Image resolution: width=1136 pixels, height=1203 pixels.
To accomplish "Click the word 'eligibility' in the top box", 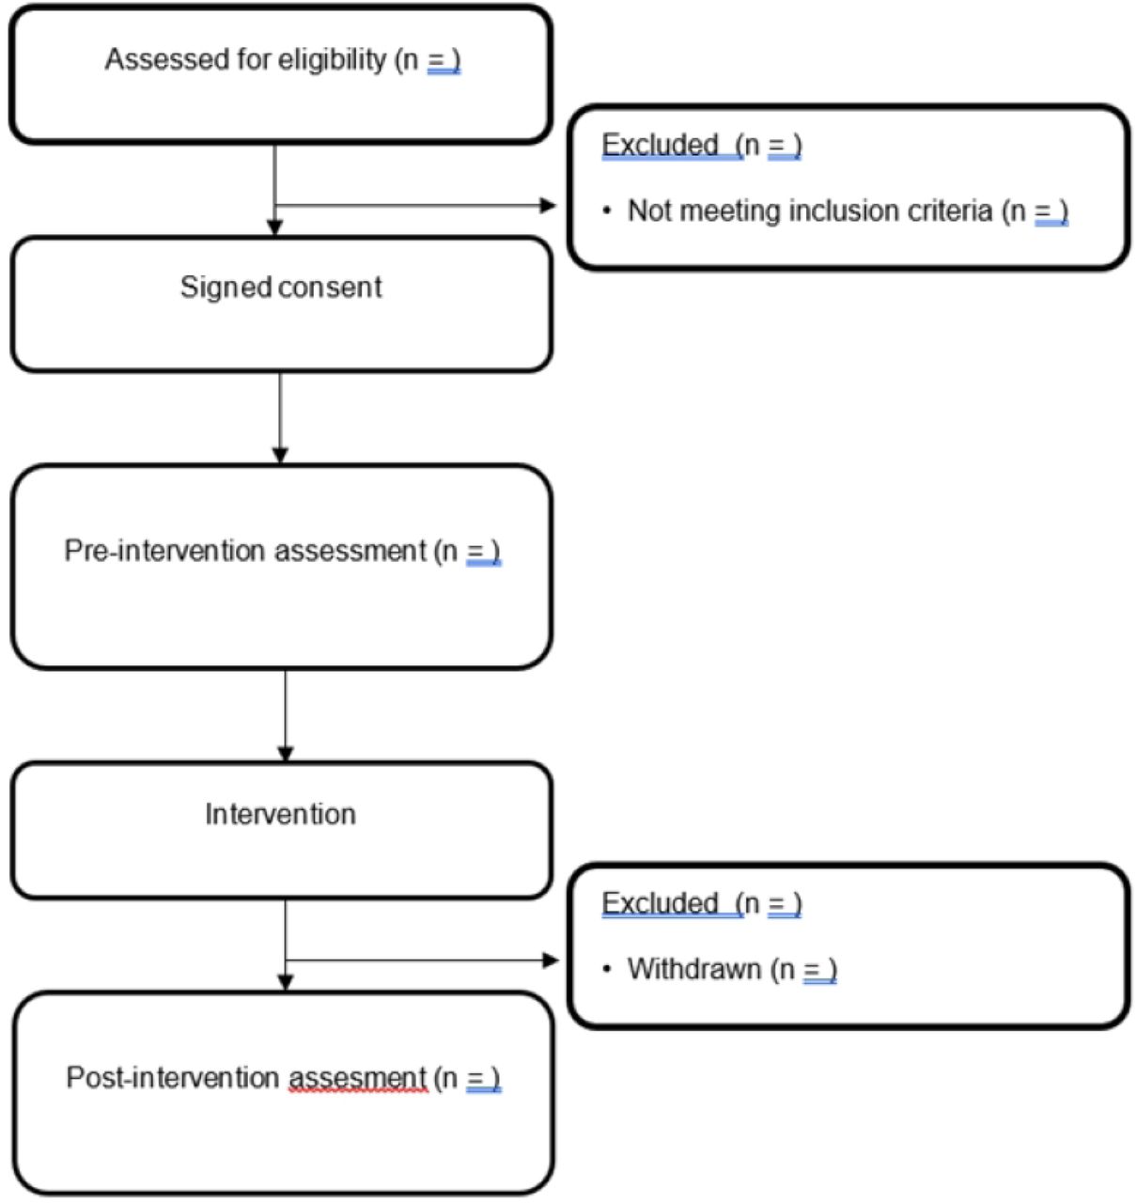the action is [332, 60].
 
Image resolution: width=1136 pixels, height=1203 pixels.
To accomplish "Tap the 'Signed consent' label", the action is [281, 288].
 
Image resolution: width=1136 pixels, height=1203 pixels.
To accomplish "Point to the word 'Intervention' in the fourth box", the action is [281, 814].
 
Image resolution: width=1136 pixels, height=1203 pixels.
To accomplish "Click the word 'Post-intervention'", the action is [173, 1078].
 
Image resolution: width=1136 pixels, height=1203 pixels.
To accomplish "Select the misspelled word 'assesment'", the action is [358, 1079].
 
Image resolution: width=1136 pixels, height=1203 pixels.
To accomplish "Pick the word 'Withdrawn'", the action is [694, 969].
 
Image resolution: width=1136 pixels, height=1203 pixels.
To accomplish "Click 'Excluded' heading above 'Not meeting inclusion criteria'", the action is [660, 145].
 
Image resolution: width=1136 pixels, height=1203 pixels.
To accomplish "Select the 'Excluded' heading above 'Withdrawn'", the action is [660, 903].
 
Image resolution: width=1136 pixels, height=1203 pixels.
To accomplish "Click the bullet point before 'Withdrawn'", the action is [607, 969].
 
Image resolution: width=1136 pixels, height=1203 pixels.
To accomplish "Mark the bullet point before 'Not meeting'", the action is [607, 211].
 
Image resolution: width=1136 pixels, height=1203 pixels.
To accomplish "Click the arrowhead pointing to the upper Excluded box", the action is [548, 206].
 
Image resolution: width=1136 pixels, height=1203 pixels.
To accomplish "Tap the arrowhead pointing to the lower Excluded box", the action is [550, 961].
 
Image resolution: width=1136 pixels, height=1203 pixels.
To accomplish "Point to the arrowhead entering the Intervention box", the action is [286, 754].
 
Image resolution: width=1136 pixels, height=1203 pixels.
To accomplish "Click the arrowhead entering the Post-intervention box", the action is [286, 982].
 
